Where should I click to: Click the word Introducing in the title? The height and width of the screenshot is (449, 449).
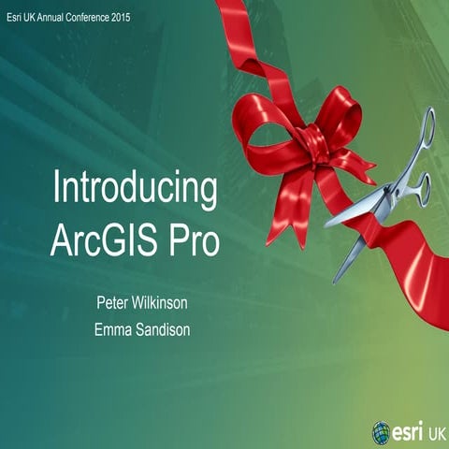[x=136, y=190]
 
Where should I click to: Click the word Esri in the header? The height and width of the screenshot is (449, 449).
[x=12, y=17]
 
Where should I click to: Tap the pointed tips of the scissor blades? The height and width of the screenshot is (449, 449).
[x=330, y=224]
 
